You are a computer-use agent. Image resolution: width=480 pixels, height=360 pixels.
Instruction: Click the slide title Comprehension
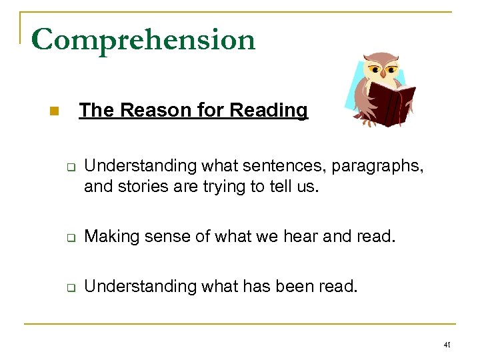point(143,40)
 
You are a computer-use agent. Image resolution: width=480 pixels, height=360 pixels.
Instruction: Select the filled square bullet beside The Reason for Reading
point(54,111)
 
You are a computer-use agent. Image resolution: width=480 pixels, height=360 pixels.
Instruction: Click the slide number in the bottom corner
point(447,345)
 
